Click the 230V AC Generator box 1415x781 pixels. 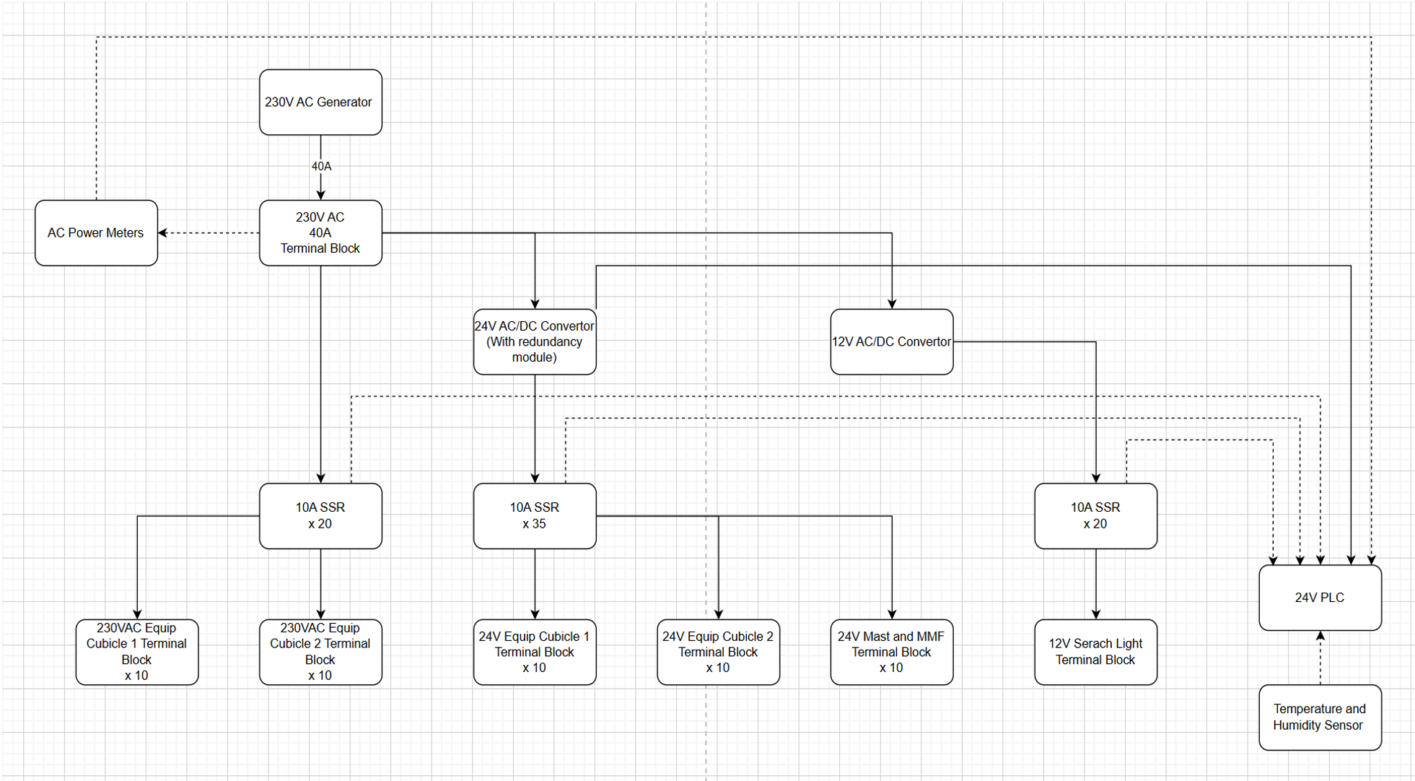coord(320,102)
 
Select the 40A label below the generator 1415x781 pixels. coord(321,166)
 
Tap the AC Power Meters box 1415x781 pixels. coord(96,232)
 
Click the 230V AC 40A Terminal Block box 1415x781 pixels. coord(320,232)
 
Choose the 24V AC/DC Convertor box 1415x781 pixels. coord(535,341)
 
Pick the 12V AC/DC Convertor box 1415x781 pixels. coord(891,341)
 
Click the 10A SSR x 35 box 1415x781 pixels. coord(535,515)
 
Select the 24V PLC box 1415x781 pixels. coord(1319,597)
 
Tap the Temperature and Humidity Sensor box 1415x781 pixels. coord(1319,717)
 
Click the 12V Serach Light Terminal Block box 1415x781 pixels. coord(1095,652)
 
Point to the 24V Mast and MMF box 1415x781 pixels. coord(891,652)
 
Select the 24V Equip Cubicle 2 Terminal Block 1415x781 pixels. coord(718,652)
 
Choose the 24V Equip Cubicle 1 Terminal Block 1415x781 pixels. coord(535,652)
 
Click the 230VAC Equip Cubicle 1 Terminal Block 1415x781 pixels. coord(136,652)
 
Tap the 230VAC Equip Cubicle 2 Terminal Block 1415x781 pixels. coord(320,652)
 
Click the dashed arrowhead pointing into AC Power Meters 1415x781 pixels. coord(162,232)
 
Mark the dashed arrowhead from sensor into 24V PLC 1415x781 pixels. coord(1320,636)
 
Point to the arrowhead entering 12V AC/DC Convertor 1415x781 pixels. coord(892,304)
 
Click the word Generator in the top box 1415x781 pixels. coord(344,102)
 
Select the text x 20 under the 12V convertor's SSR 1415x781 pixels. coord(1095,524)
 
